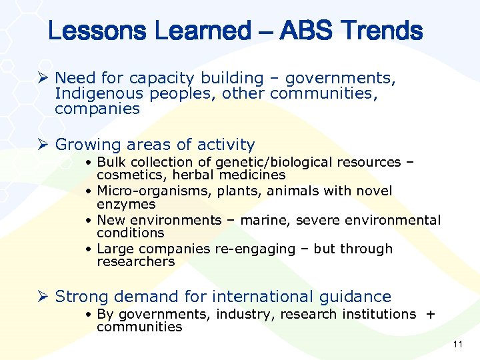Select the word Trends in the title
[383, 31]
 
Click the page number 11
[457, 345]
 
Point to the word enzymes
[126, 204]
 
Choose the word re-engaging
[255, 249]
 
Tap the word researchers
[135, 261]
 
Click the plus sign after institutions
[430, 314]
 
